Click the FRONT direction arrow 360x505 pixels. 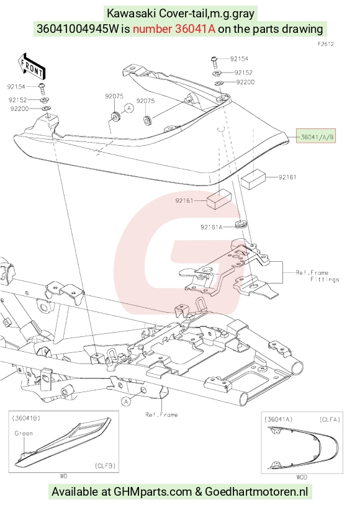pyautogui.click(x=32, y=66)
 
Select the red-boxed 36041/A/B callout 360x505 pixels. pyautogui.click(x=316, y=137)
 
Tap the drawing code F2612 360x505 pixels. pyautogui.click(x=325, y=44)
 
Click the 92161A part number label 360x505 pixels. pyautogui.click(x=212, y=227)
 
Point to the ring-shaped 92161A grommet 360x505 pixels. pyautogui.click(x=241, y=223)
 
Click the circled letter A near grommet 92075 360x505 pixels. pyautogui.click(x=129, y=108)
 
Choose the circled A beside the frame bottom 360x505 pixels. pyautogui.click(x=127, y=401)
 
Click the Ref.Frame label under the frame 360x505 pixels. pyautogui.click(x=161, y=414)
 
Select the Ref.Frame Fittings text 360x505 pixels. pyautogui.click(x=317, y=276)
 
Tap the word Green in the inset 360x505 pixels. pyautogui.click(x=24, y=433)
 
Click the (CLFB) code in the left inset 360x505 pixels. pyautogui.click(x=105, y=465)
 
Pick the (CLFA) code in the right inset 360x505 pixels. pyautogui.click(x=330, y=419)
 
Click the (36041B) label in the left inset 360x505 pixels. pyautogui.click(x=26, y=418)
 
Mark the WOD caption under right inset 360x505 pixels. pyautogui.click(x=302, y=477)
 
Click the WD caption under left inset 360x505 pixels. pyautogui.click(x=63, y=476)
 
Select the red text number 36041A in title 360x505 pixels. pyautogui.click(x=196, y=29)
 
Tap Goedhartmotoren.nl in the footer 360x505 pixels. pyautogui.click(x=256, y=492)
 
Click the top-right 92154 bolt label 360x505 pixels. pyautogui.click(x=239, y=58)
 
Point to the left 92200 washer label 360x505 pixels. pyautogui.click(x=19, y=109)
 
